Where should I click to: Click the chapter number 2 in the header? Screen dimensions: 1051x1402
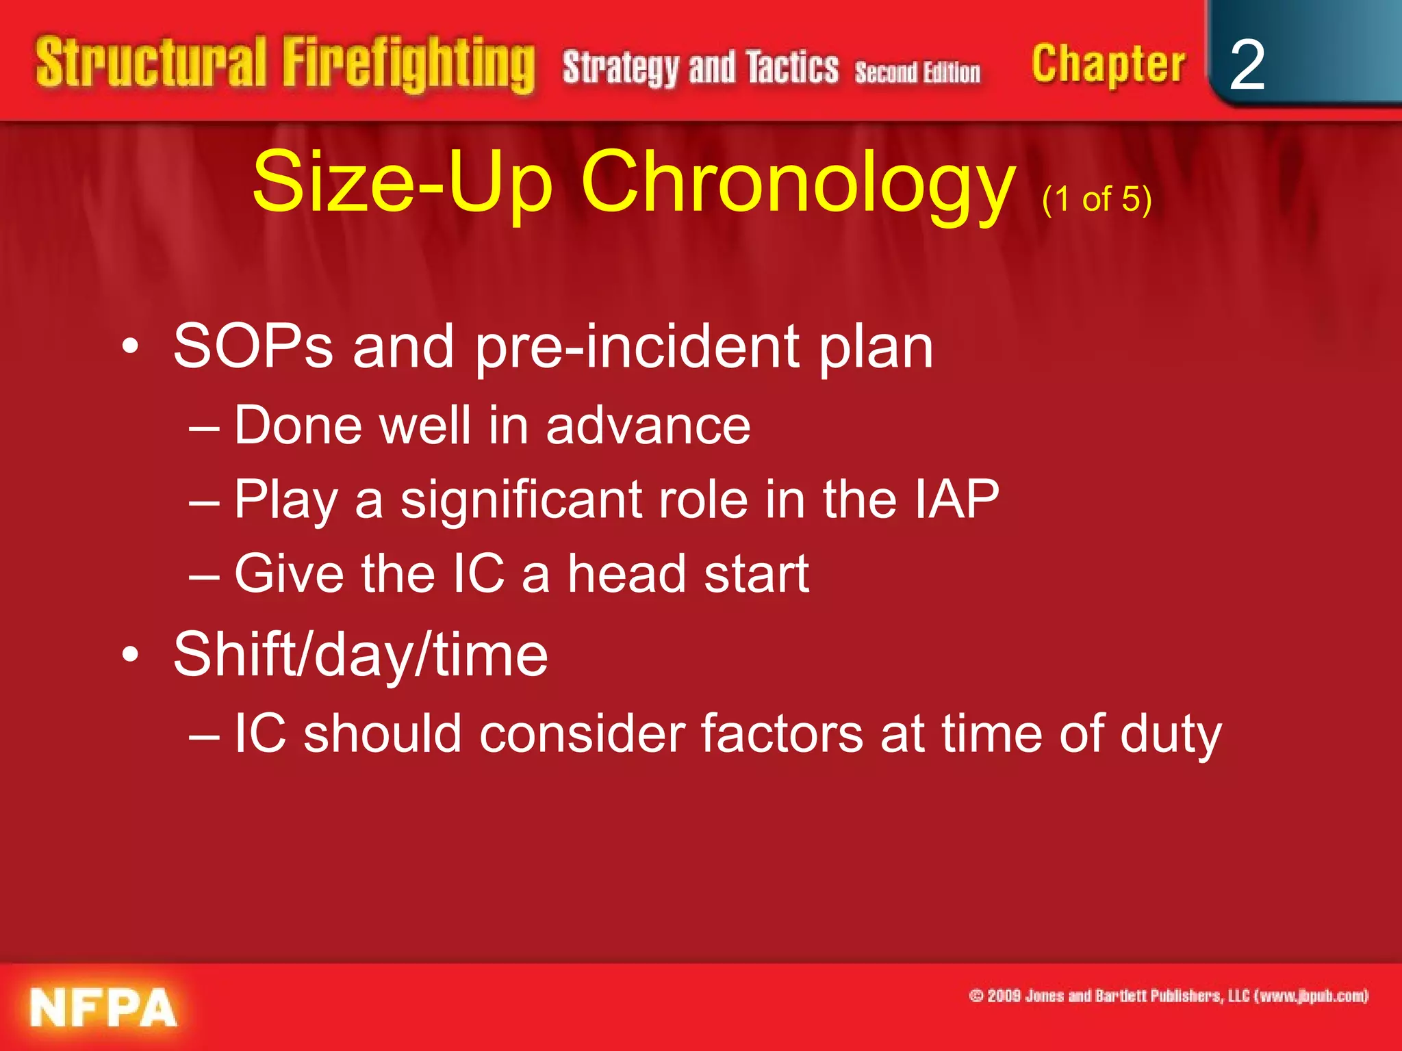pyautogui.click(x=1247, y=65)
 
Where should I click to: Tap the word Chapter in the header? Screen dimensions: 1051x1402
pyautogui.click(x=1108, y=65)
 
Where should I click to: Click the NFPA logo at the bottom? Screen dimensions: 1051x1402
pyautogui.click(x=103, y=1007)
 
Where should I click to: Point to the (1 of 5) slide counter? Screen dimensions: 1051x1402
pyautogui.click(x=1097, y=199)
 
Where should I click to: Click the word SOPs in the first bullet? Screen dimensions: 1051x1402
pyautogui.click(x=253, y=346)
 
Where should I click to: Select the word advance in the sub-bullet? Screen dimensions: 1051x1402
pyautogui.click(x=648, y=426)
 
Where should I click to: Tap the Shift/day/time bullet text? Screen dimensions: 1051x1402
pyautogui.click(x=361, y=655)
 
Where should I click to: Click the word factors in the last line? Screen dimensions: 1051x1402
pyautogui.click(x=781, y=734)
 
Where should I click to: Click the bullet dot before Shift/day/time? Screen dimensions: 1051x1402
pyautogui.click(x=130, y=655)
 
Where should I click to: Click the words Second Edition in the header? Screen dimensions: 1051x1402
pyautogui.click(x=917, y=72)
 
